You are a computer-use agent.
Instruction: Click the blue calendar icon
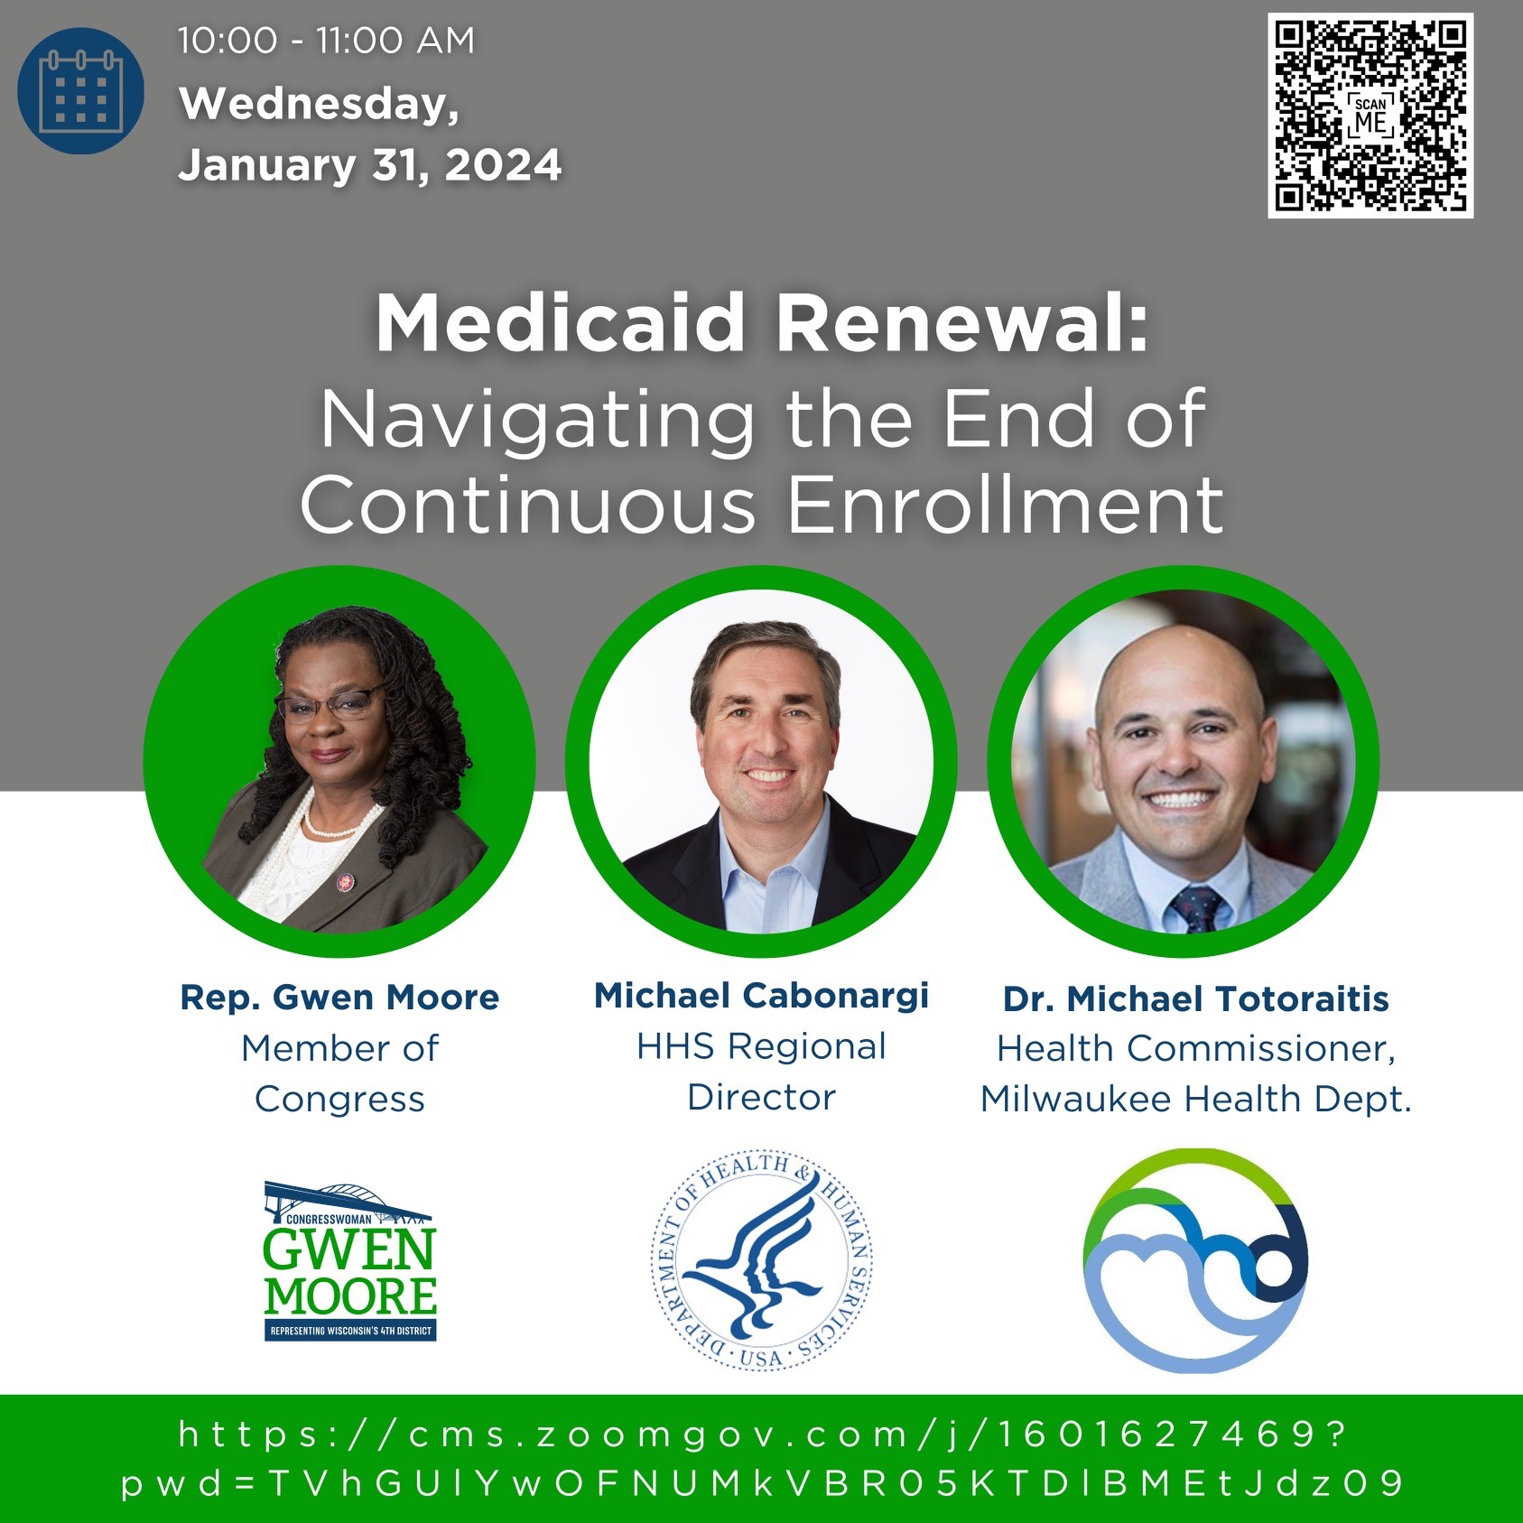(80, 90)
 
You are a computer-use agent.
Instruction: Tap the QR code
(1370, 116)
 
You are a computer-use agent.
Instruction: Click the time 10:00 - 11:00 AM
(326, 41)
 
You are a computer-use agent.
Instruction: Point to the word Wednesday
(319, 104)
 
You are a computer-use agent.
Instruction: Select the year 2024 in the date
(503, 165)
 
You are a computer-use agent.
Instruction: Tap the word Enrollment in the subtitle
(1006, 505)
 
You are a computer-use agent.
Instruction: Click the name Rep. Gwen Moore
(339, 998)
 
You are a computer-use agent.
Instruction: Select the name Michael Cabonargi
(761, 996)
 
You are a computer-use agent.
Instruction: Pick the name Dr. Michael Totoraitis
(1196, 998)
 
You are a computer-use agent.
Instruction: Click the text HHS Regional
(761, 1046)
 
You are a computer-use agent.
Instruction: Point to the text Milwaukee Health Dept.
(1196, 1100)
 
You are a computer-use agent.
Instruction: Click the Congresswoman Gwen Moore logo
(350, 1261)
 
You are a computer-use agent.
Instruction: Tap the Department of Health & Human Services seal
(761, 1261)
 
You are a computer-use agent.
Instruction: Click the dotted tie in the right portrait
(1196, 906)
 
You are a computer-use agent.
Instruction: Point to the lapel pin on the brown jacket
(344, 881)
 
